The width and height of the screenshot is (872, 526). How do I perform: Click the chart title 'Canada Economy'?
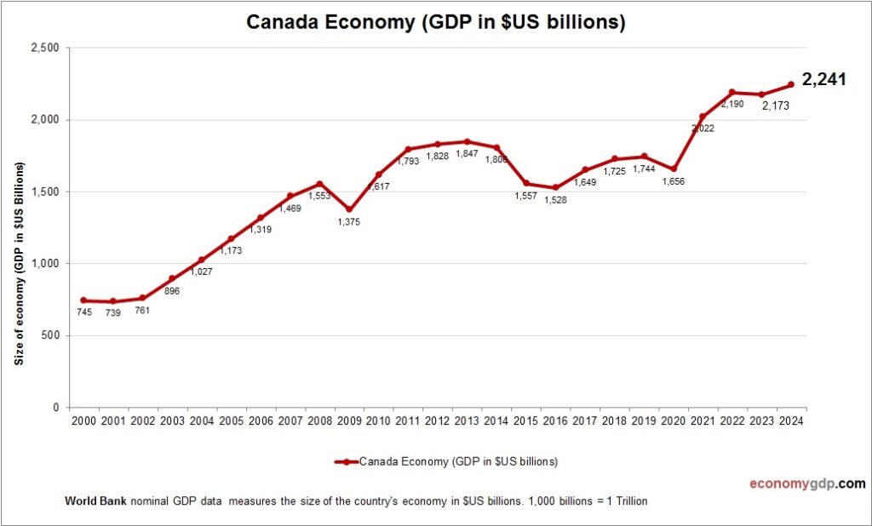coord(435,22)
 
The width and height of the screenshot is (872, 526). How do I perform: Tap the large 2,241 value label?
coord(825,80)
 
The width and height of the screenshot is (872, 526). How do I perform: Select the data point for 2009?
coord(349,209)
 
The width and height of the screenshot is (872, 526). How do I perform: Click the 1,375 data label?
coord(349,223)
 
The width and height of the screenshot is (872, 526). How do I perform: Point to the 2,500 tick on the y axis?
coord(43,48)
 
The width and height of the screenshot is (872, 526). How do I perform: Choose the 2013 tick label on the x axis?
coord(467,420)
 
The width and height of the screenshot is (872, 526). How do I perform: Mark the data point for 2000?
coord(83,300)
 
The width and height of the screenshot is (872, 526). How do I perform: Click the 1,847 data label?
coord(467,155)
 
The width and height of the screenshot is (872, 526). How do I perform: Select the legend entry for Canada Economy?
coord(446,462)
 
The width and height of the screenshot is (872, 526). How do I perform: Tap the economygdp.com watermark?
coord(806,483)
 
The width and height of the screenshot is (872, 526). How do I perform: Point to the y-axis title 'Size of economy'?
coord(18,263)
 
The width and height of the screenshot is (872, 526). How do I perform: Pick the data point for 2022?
coord(732,92)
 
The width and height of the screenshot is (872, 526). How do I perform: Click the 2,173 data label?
coord(761,107)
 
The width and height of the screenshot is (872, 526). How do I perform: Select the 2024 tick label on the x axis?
coord(791,420)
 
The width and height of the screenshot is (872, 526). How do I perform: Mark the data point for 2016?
coord(555,187)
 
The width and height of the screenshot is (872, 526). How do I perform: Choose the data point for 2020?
coord(674,169)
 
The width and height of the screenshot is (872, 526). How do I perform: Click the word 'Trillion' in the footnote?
coord(631,500)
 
